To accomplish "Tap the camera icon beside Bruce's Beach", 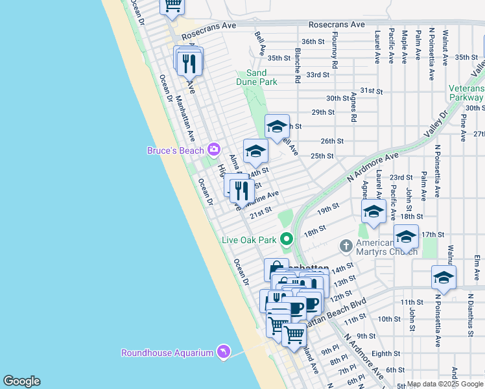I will click(213, 150).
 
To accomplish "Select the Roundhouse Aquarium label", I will click(167, 353).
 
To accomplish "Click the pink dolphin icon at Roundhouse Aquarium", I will click(224, 351).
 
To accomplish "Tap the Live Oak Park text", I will click(249, 240).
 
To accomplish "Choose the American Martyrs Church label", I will click(383, 246).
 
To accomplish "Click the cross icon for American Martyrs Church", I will click(346, 246).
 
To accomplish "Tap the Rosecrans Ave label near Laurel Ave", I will click(337, 25).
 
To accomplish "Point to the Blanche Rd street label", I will click(298, 65).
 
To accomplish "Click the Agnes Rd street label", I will click(354, 107).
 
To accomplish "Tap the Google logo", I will click(21, 381).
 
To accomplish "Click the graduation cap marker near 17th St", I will click(406, 237).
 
